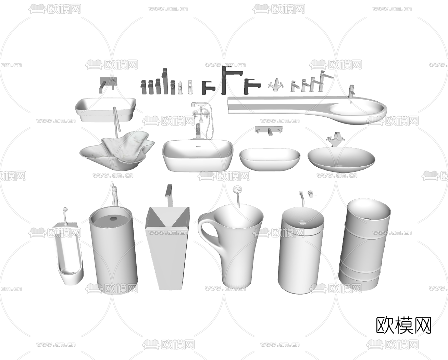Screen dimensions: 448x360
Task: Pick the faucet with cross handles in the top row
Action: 276,85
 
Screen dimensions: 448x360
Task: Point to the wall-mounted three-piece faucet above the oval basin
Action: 269,130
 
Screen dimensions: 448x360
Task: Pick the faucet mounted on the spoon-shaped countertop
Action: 351,91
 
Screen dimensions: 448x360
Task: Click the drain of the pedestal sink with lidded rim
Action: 302,222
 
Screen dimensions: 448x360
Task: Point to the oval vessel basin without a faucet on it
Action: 270,159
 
